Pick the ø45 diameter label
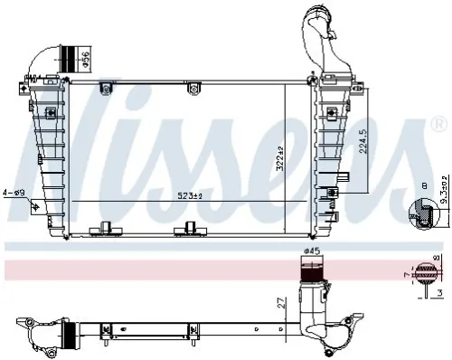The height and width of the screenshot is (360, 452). pos(311,251)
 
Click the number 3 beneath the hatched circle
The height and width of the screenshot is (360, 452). pos(438,293)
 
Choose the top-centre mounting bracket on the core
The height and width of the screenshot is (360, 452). pos(107,87)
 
